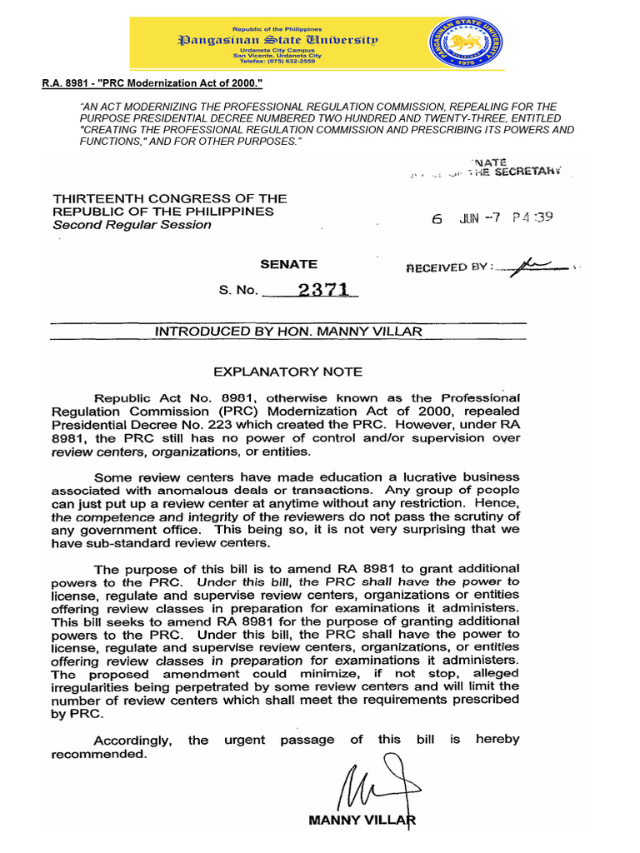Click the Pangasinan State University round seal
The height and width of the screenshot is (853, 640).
point(466,47)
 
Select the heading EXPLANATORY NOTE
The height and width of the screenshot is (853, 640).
point(287,372)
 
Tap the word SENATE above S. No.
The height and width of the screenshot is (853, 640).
point(288,264)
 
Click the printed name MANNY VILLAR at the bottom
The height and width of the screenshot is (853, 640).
point(362,820)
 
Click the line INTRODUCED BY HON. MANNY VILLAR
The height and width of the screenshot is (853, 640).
point(289,332)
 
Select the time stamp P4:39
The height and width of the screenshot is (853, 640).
point(533,218)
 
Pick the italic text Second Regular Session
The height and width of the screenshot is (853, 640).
point(132,225)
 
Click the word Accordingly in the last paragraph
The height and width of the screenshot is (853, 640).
point(132,740)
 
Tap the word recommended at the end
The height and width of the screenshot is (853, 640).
point(98,754)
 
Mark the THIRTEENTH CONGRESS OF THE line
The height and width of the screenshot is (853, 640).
point(170,199)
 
